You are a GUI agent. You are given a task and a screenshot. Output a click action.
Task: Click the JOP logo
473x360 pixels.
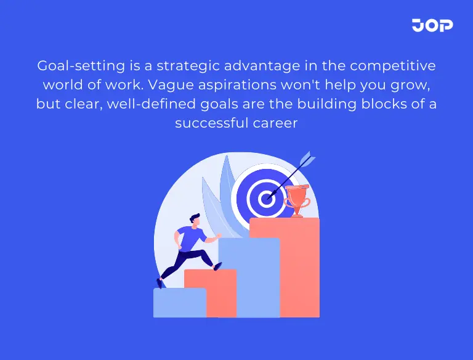(432, 25)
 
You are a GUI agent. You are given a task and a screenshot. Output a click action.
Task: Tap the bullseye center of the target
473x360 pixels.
(266, 198)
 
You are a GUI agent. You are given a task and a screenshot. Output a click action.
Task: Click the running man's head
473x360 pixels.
(195, 219)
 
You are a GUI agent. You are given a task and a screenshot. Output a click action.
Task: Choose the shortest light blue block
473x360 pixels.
(179, 303)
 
